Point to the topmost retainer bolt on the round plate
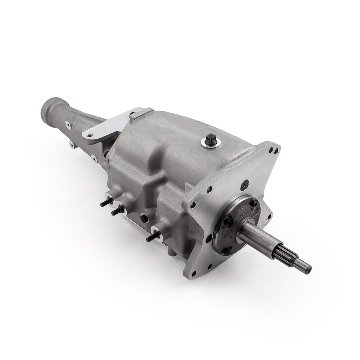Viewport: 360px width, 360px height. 254,203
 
